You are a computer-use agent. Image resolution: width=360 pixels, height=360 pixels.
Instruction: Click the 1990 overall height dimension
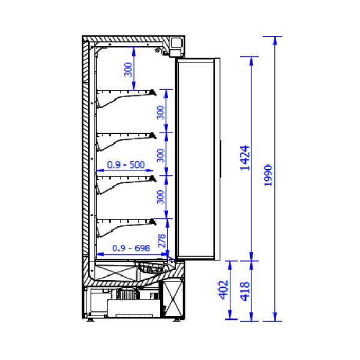268,175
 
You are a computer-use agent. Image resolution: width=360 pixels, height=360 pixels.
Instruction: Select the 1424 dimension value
245,158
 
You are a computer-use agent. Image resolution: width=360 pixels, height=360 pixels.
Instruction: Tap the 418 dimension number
245,291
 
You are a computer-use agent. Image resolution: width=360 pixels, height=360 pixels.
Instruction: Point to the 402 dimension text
224,290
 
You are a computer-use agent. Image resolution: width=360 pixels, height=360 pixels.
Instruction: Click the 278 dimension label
162,241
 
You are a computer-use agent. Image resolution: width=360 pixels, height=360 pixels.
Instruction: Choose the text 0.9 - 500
126,164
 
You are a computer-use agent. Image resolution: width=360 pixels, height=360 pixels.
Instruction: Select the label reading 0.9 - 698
131,248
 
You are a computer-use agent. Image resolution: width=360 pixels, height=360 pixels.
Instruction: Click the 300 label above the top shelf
128,70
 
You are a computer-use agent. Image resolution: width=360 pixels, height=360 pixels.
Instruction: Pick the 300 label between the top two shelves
161,113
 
